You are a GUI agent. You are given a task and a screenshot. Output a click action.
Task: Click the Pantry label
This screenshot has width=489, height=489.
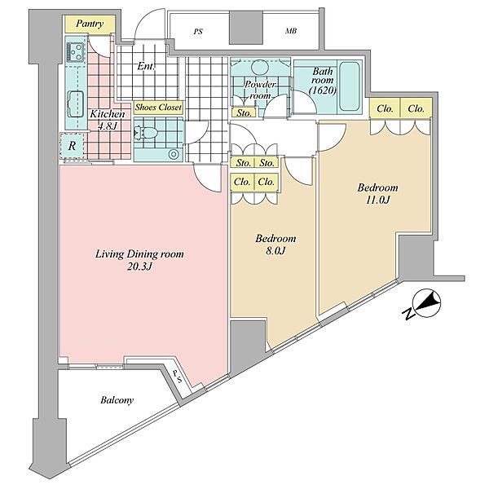pyautogui.click(x=90, y=24)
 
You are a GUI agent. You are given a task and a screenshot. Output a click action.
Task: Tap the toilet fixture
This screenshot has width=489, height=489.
pyautogui.click(x=146, y=133)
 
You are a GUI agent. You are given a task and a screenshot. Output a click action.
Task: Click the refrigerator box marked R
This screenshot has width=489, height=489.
pyautogui.click(x=72, y=145)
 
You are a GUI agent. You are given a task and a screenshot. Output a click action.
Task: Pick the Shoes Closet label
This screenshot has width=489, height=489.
pyautogui.click(x=158, y=108)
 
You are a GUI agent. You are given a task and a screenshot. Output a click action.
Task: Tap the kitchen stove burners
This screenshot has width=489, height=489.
pyautogui.click(x=76, y=52)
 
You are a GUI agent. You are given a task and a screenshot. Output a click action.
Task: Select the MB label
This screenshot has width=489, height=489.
pyautogui.click(x=291, y=31)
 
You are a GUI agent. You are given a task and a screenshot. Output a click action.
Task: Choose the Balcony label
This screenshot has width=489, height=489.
pyautogui.click(x=117, y=400)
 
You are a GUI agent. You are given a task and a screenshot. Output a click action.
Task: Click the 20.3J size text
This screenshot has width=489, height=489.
pyautogui.click(x=139, y=267)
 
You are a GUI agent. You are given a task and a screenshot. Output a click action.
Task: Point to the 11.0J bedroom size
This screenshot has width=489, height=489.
pyautogui.click(x=377, y=200)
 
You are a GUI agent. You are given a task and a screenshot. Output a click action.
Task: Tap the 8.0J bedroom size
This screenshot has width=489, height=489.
pyautogui.click(x=275, y=251)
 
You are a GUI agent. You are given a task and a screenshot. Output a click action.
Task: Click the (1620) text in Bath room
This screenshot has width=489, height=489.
pyautogui.click(x=323, y=90)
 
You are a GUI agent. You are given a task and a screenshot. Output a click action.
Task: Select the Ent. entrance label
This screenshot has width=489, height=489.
pyautogui.click(x=146, y=66)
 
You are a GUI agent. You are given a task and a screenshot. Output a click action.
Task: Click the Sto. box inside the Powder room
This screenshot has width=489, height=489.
pyautogui.click(x=244, y=112)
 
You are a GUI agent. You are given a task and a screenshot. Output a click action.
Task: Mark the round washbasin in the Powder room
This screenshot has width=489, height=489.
pyautogui.click(x=260, y=67)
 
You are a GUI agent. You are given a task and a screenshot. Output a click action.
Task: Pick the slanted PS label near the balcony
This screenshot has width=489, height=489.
pyautogui.click(x=177, y=377)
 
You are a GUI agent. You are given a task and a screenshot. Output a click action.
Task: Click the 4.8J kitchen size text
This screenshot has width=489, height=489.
pyautogui.click(x=107, y=126)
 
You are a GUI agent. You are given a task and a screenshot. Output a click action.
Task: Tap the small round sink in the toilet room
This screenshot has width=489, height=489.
pyautogui.click(x=173, y=154)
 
